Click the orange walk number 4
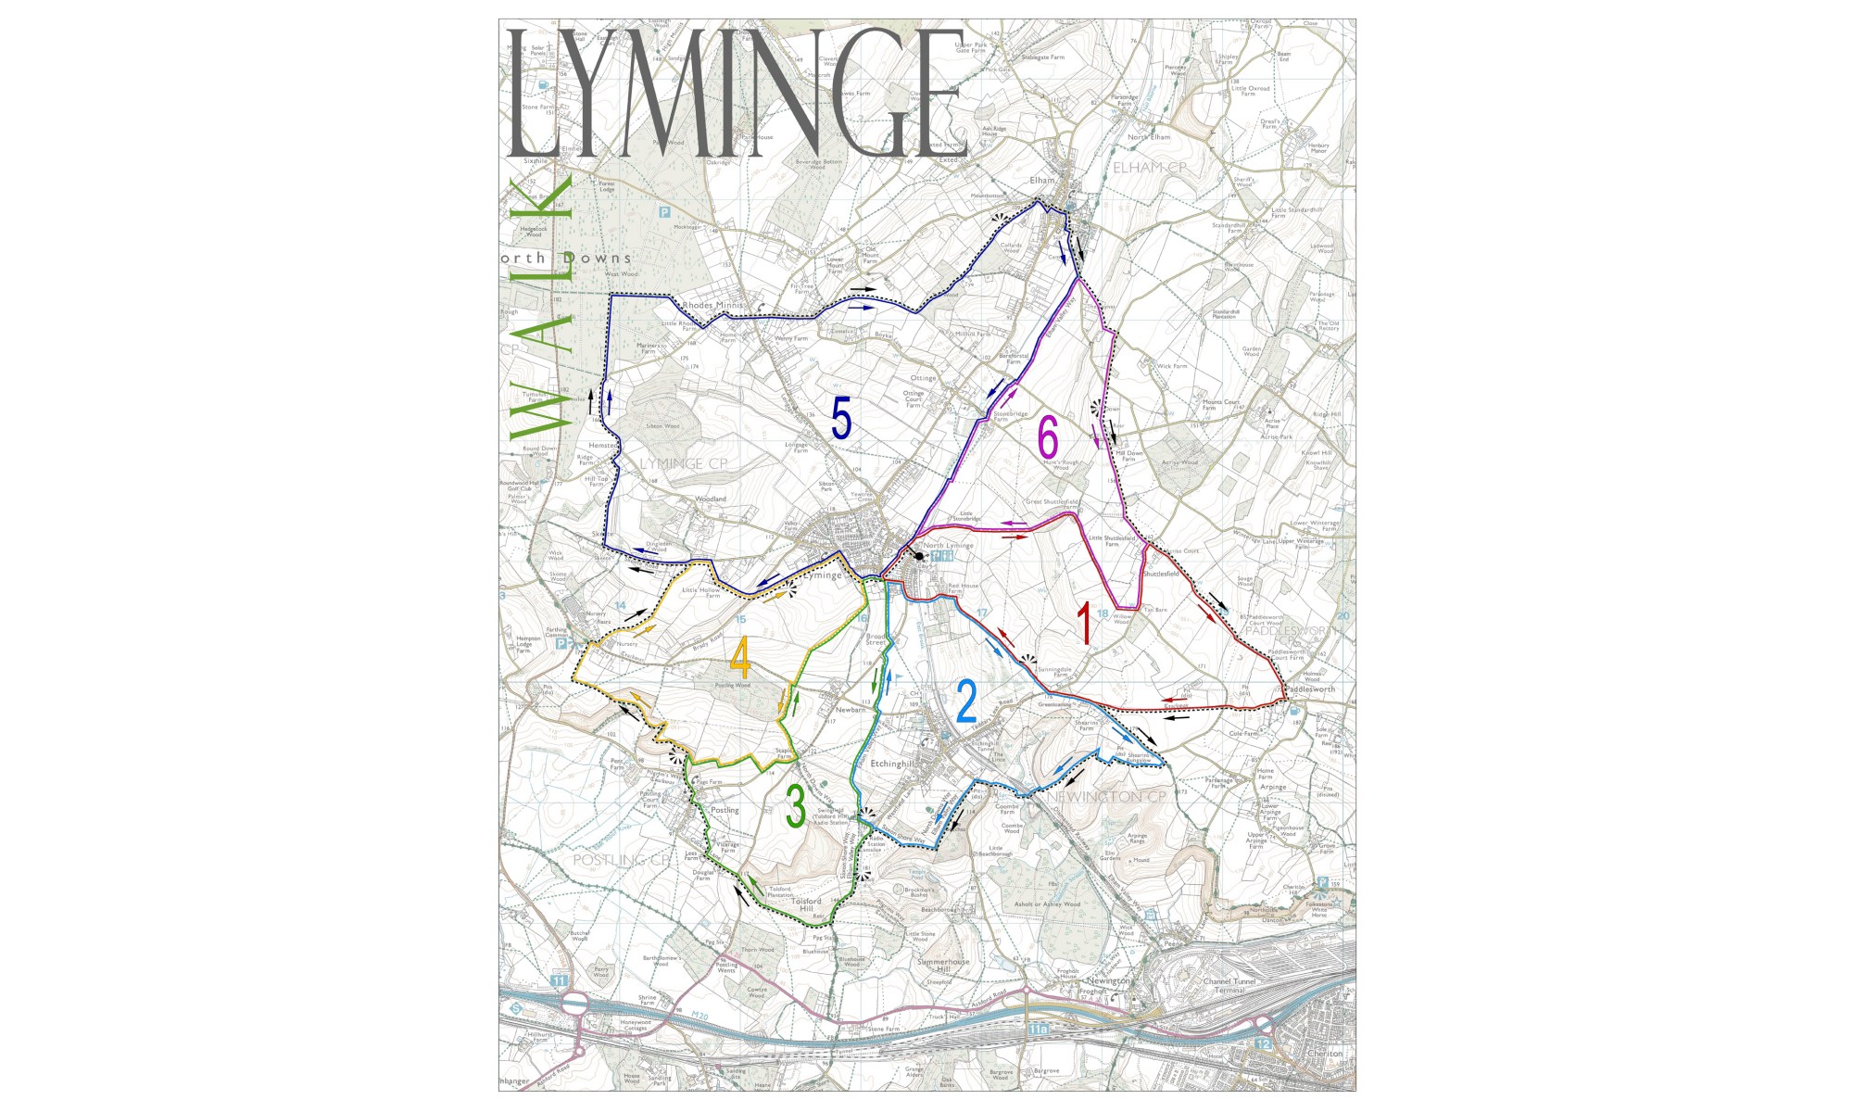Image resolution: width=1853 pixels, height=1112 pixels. [740, 658]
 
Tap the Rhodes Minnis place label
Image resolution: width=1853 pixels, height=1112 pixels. [712, 305]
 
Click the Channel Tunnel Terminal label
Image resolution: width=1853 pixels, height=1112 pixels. [1229, 985]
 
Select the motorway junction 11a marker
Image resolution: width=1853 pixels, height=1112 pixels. [1039, 1029]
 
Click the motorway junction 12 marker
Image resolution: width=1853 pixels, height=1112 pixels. [1265, 1043]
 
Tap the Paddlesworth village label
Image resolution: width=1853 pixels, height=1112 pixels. [1311, 689]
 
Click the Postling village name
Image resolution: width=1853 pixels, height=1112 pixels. [725, 810]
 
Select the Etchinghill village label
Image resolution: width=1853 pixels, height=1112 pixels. [893, 764]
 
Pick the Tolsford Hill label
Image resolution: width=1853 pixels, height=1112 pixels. [806, 903]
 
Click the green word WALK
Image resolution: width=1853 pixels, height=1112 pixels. [543, 306]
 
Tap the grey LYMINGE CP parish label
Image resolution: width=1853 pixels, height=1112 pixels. [684, 463]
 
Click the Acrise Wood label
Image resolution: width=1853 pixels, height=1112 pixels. [1179, 461]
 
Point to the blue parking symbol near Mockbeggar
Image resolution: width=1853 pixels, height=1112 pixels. [663, 212]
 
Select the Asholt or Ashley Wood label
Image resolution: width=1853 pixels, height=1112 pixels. [1047, 903]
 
